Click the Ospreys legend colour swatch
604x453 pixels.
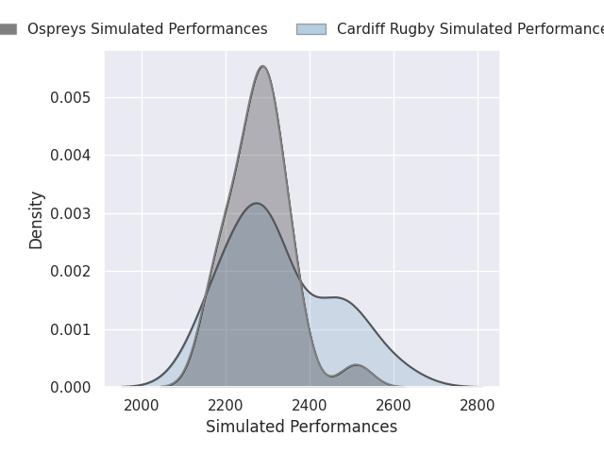tap(7, 29)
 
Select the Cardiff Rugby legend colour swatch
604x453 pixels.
tap(310, 29)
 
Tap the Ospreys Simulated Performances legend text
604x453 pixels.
tap(147, 29)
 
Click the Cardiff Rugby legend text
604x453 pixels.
tap(470, 29)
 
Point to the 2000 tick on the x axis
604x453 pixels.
tap(142, 406)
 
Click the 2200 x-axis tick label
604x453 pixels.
tap(226, 406)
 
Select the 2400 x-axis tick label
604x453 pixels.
tap(310, 406)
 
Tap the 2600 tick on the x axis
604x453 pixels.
tap(394, 406)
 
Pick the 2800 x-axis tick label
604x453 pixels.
tap(478, 406)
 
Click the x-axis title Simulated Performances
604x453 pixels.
tap(301, 427)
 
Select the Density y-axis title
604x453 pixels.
tap(37, 219)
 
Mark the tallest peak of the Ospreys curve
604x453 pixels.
tap(262, 66)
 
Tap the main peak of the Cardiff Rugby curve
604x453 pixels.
tap(256, 203)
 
